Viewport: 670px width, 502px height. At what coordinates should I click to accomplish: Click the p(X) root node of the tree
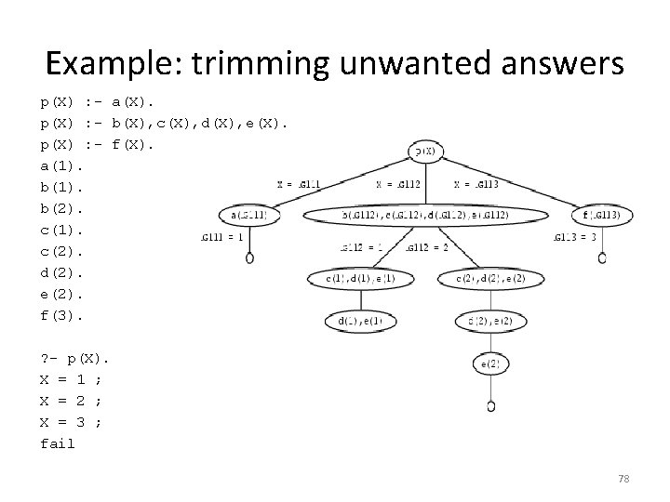[425, 152]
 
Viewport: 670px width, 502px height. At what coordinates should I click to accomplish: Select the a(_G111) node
[248, 216]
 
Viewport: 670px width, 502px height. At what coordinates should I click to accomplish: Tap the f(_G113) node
[601, 216]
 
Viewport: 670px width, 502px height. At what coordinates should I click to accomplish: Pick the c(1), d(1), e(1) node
[360, 278]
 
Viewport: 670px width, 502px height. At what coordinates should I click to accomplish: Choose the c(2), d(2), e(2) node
[490, 278]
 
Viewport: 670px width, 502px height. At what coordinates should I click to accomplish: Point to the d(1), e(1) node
[360, 322]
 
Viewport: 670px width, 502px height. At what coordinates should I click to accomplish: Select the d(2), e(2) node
[490, 322]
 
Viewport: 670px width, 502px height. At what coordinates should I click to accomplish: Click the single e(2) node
[490, 363]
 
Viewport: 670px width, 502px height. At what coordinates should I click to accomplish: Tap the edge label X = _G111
[300, 184]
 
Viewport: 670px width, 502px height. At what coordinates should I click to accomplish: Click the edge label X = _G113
[477, 184]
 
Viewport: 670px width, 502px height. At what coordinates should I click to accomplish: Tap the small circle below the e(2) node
[490, 406]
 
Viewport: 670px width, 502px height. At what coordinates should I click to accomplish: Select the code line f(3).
[62, 314]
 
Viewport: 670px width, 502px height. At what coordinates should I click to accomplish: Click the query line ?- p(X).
[74, 358]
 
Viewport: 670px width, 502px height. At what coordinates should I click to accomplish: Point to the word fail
[58, 443]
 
